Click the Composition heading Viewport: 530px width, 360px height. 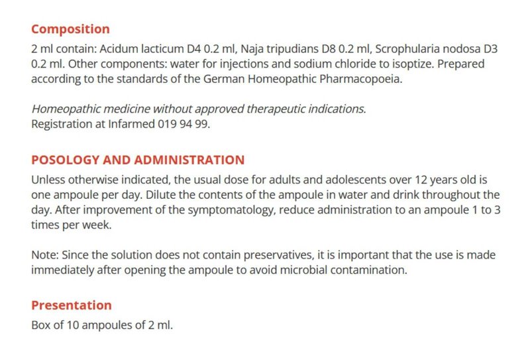click(70, 29)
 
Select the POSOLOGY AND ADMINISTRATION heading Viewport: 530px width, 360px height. click(138, 160)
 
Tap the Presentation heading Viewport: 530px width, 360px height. click(72, 306)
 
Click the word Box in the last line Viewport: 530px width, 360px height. click(40, 326)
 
